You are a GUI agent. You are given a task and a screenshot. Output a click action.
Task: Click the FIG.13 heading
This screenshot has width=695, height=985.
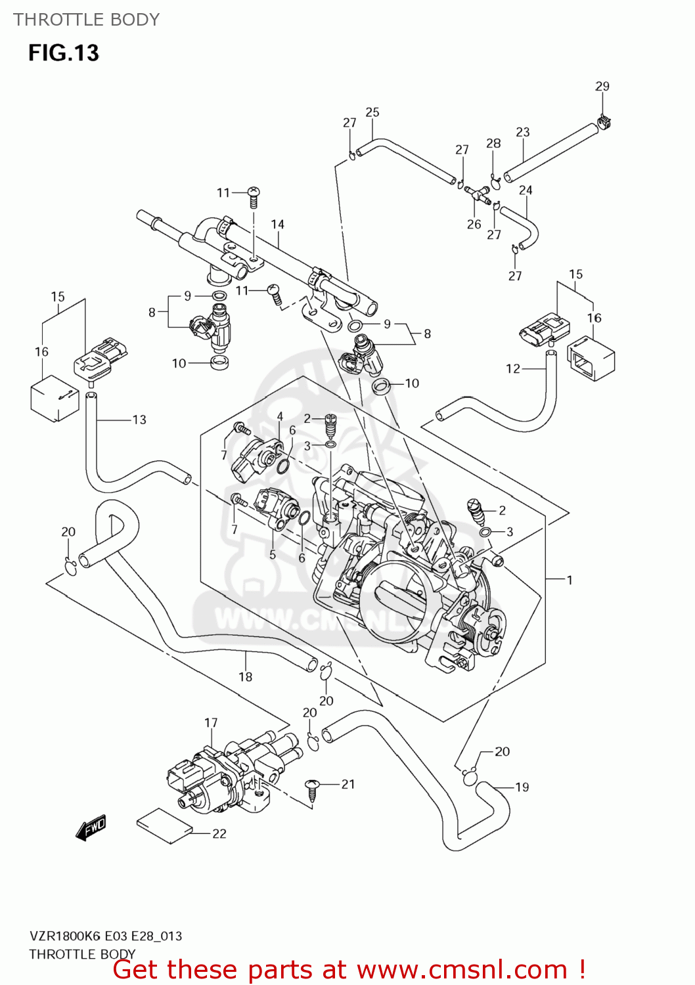[63, 53]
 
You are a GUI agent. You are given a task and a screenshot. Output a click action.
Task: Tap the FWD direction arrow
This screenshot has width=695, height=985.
[91, 828]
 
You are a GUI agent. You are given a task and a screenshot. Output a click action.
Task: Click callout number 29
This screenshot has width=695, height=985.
[602, 86]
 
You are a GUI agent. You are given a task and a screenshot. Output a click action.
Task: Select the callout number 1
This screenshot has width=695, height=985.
[570, 580]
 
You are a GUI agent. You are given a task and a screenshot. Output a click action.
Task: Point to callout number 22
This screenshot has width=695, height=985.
[219, 833]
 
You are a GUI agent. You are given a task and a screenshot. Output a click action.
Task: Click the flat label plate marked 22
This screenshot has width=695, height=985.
[164, 824]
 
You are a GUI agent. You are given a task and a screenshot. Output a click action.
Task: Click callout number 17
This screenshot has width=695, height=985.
[211, 722]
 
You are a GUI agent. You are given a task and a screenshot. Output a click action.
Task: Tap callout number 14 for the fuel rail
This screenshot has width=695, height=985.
[277, 224]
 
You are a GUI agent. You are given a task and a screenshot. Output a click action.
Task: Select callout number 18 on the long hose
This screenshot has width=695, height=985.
[245, 676]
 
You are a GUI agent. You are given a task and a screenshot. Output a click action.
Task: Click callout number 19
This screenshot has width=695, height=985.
[522, 787]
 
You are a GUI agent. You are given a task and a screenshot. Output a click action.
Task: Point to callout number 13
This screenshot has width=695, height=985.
[139, 420]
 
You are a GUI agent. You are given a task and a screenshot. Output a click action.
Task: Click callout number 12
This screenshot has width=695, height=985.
[513, 368]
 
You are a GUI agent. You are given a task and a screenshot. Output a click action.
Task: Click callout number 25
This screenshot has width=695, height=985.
[372, 112]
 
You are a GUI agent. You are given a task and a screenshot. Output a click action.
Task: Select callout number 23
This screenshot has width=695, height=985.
[522, 132]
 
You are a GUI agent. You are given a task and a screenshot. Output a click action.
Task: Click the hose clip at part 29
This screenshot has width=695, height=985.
[605, 121]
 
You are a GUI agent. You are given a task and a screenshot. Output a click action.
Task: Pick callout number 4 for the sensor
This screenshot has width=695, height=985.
[280, 416]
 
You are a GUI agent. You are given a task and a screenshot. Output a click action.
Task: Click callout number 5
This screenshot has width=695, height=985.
[273, 555]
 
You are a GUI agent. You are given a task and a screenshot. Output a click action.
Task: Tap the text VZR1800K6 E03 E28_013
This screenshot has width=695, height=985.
[106, 936]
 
